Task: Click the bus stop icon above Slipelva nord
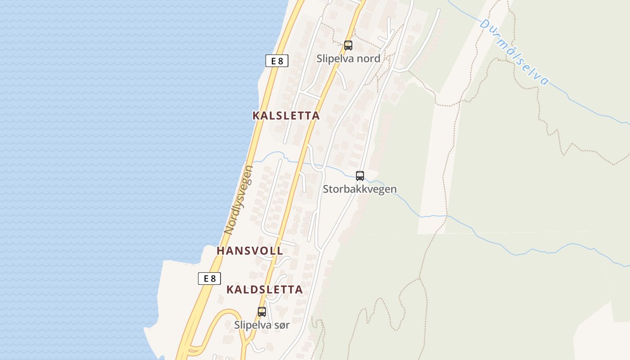click(348, 45)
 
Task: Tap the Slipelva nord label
click(348, 58)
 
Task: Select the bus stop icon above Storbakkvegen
click(360, 176)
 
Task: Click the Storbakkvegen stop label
click(360, 189)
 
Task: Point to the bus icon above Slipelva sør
click(262, 311)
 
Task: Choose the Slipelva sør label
click(262, 324)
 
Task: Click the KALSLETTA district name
click(286, 116)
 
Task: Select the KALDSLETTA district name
click(264, 289)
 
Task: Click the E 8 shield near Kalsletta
click(277, 61)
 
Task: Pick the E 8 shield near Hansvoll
click(210, 279)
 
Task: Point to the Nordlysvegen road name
click(239, 200)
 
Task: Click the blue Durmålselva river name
click(514, 52)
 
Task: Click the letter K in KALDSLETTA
click(230, 289)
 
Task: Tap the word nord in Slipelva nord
click(368, 58)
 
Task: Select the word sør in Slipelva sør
click(281, 324)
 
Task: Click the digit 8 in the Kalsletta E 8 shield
click(281, 61)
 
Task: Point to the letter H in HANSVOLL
click(220, 251)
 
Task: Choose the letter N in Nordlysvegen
click(229, 230)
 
